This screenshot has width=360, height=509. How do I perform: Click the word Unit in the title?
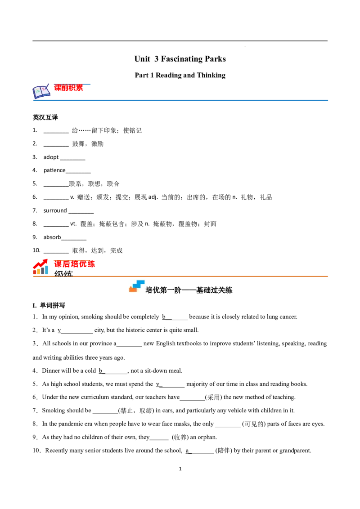point(142,59)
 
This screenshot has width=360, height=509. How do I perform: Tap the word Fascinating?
point(182,59)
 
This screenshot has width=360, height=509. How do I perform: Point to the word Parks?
point(216,59)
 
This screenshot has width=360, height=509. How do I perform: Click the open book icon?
point(41,92)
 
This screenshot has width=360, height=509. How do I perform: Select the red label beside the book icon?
point(69,88)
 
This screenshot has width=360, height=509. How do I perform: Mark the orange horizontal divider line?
point(202,275)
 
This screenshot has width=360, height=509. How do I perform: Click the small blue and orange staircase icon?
point(137,287)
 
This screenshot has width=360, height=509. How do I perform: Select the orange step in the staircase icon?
point(133,290)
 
